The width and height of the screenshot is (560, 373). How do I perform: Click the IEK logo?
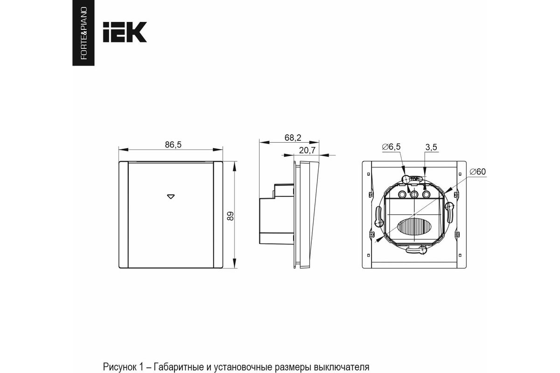(125, 32)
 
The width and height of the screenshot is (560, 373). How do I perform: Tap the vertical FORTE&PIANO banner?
(84, 33)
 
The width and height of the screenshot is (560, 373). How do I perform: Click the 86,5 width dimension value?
(173, 145)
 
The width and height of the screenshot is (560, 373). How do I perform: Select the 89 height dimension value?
(230, 216)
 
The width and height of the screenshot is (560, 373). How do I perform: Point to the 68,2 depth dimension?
(293, 138)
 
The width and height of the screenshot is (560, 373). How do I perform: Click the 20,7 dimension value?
(307, 151)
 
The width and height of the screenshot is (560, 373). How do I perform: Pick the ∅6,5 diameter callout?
(391, 147)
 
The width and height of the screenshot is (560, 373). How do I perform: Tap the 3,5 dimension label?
(431, 147)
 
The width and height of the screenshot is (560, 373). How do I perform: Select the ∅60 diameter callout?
(477, 172)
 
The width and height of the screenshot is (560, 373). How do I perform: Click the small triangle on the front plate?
(171, 197)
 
